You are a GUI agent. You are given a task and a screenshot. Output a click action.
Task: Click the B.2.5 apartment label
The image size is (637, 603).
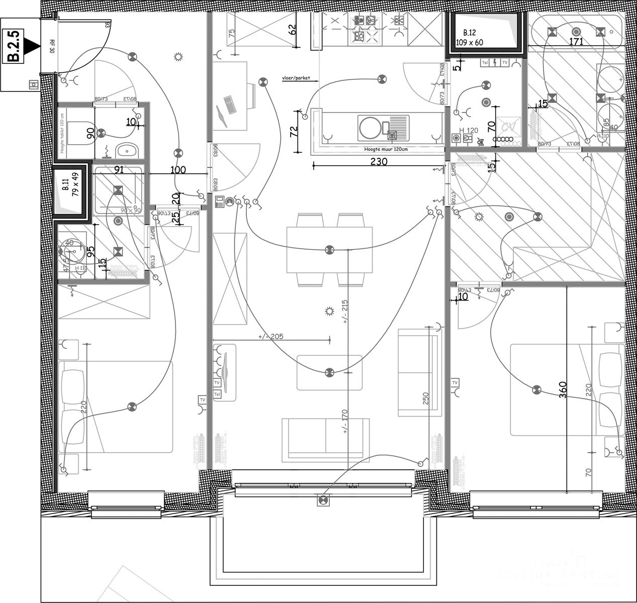(x=15, y=46)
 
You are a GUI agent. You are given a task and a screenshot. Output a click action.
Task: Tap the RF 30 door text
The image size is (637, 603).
(x=52, y=47)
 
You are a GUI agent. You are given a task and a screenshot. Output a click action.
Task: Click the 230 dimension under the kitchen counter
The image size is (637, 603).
(x=379, y=162)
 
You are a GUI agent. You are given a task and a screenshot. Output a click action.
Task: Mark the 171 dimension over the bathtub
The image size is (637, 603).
(x=576, y=42)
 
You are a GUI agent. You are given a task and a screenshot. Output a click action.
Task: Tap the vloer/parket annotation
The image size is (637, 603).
(x=296, y=78)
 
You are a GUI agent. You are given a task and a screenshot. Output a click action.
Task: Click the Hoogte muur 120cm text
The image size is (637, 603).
(x=386, y=149)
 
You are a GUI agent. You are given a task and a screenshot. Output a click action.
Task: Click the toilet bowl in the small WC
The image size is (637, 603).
(x=82, y=133)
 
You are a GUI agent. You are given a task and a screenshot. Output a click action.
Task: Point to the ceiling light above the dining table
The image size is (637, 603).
(x=329, y=249)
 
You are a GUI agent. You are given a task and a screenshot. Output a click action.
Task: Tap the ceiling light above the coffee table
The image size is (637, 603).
(x=329, y=372)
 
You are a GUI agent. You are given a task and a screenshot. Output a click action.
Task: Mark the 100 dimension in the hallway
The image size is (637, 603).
(x=178, y=170)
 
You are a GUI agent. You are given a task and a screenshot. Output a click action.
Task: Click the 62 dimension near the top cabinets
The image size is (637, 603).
(x=293, y=29)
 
